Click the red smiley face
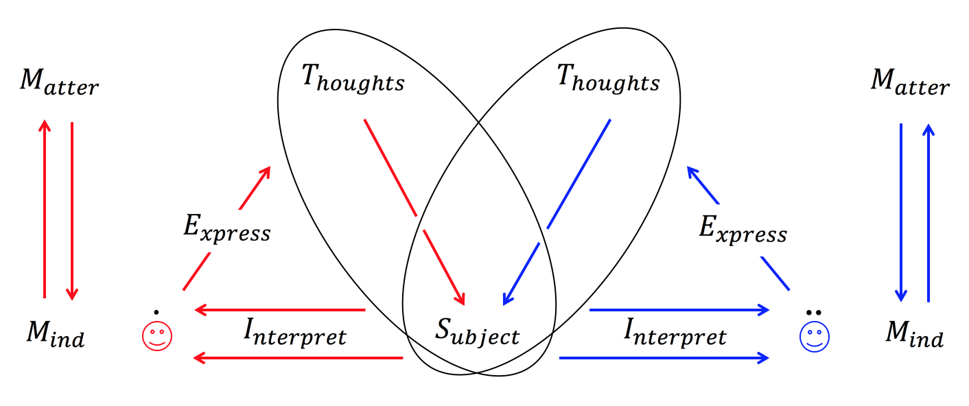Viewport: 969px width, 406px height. [156, 335]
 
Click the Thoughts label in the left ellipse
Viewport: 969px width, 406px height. [353, 81]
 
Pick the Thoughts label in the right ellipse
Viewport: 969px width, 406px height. [608, 81]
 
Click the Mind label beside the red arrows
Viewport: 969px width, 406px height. [55, 334]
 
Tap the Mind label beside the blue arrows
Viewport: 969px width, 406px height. [915, 334]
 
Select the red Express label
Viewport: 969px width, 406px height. [226, 230]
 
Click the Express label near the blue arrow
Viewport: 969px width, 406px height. [743, 230]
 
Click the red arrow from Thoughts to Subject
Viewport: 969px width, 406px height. [415, 213]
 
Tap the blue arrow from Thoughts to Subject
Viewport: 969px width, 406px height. [557, 213]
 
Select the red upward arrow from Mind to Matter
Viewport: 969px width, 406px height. [45, 209]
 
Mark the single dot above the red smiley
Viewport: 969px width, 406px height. [156, 312]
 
